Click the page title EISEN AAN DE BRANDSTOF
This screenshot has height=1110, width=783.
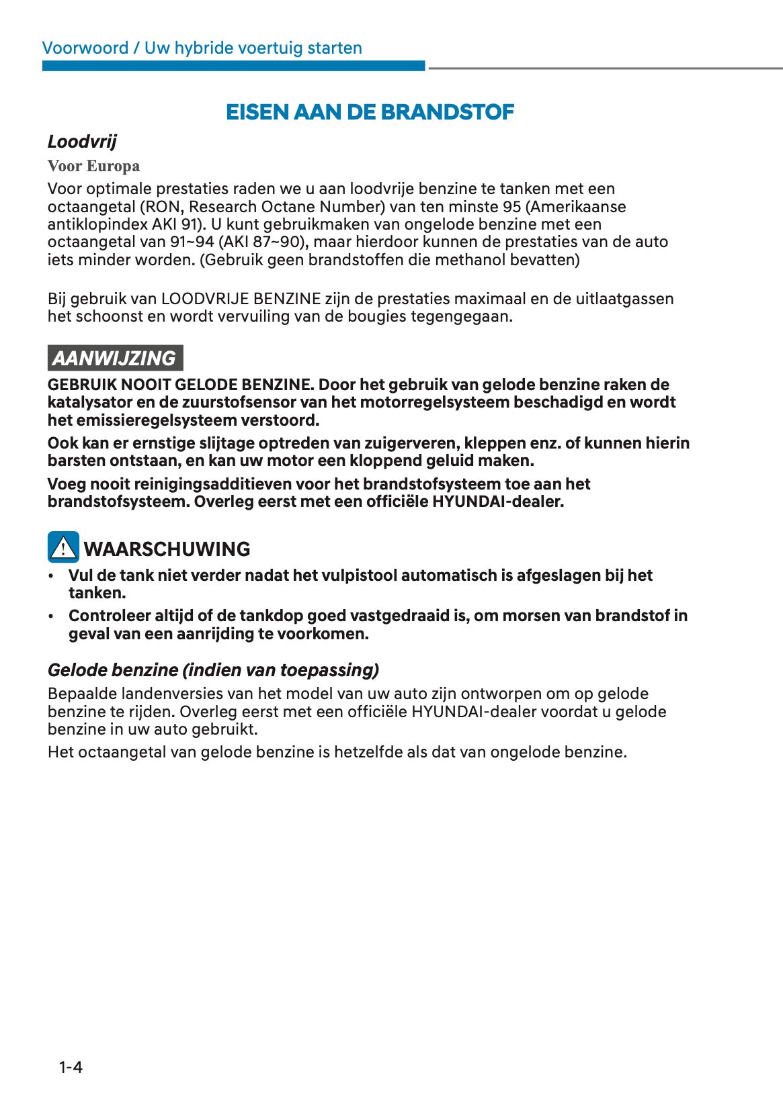(x=370, y=112)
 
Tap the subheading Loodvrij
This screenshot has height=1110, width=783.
(x=82, y=142)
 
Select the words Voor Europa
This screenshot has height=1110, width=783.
(x=93, y=166)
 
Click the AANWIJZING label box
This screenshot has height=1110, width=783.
(x=114, y=358)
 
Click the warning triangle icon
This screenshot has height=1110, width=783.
(x=63, y=547)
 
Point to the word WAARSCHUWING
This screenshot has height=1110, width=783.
(x=167, y=549)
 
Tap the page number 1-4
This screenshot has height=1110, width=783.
(x=71, y=1067)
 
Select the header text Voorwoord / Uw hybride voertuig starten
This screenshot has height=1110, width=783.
(x=202, y=48)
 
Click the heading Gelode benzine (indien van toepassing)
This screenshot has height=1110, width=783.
(x=213, y=670)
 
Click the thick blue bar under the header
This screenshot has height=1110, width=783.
(x=233, y=66)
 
